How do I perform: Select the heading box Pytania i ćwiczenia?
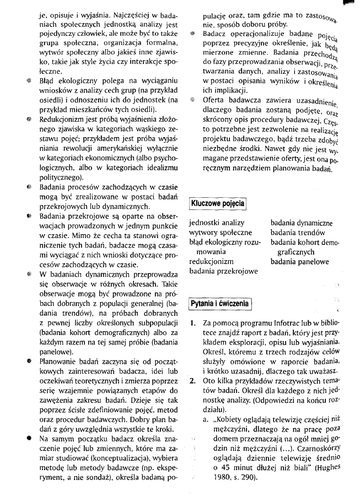click(219, 304)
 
